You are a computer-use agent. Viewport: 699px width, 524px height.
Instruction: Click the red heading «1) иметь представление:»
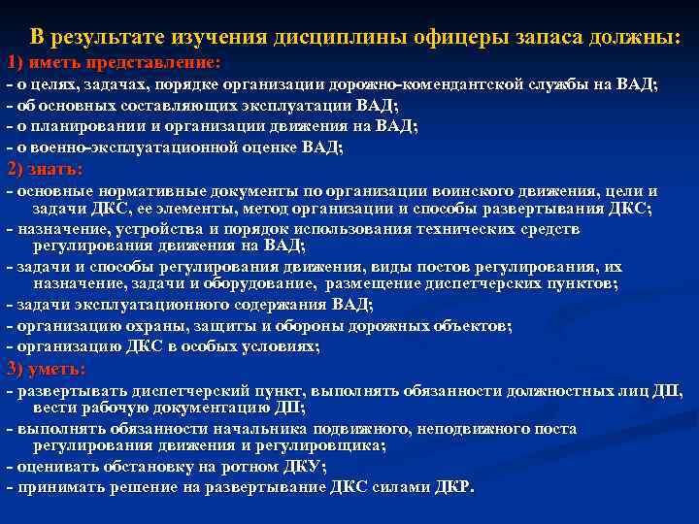pos(115,63)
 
